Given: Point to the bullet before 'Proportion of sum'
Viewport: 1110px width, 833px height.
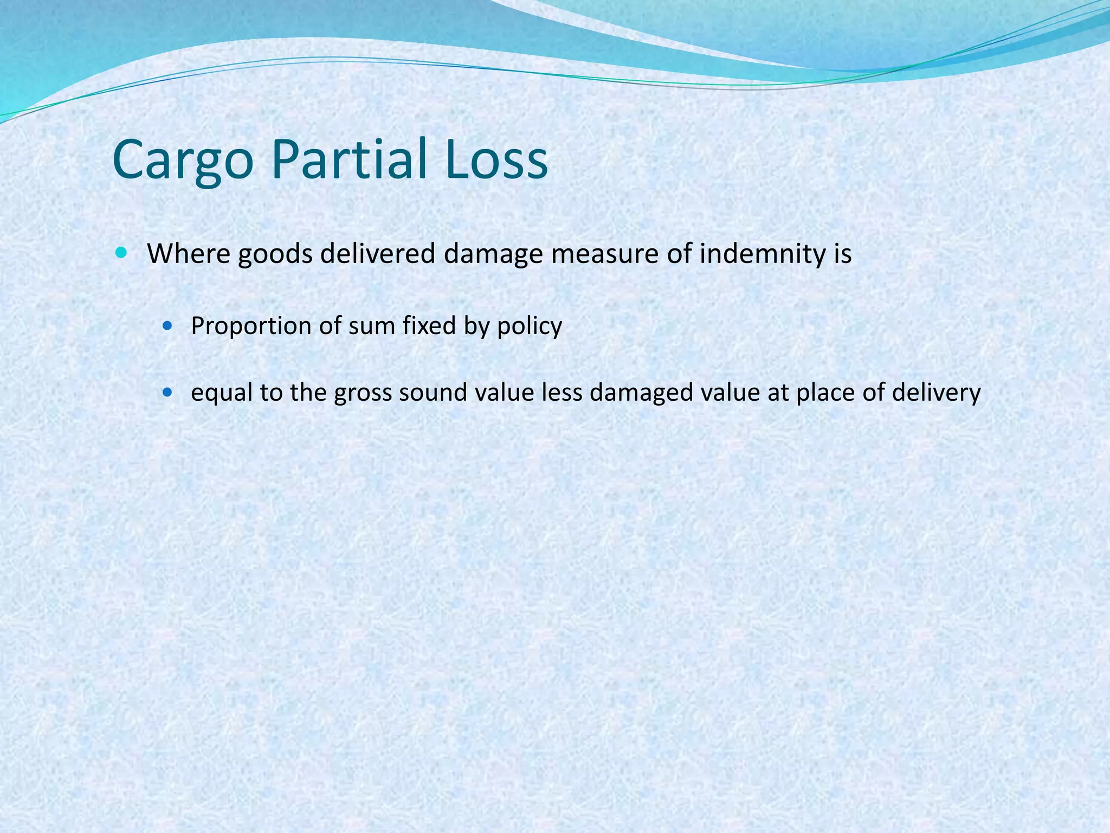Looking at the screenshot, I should [169, 326].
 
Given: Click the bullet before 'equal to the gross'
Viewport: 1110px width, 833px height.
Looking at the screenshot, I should [169, 392].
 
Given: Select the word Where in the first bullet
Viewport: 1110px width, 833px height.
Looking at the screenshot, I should [189, 253].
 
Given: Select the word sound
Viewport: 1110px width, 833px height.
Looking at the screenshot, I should [433, 393].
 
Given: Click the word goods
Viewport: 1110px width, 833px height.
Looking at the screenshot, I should [275, 254].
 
